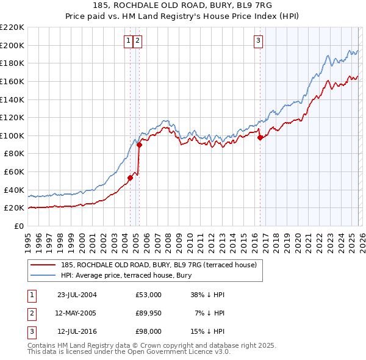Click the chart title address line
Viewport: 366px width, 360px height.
(182, 5)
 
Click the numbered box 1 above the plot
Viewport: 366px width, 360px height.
(129, 41)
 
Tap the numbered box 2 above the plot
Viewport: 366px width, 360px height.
(137, 41)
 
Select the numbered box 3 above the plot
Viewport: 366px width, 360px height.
(258, 41)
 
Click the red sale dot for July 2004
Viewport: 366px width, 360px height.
(130, 178)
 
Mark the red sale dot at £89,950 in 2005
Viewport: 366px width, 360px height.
(139, 145)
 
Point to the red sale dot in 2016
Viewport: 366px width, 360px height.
(260, 137)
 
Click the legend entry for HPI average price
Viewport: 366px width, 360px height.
(126, 275)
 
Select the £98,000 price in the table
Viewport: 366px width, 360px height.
(149, 331)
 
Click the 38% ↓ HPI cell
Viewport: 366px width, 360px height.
(208, 295)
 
